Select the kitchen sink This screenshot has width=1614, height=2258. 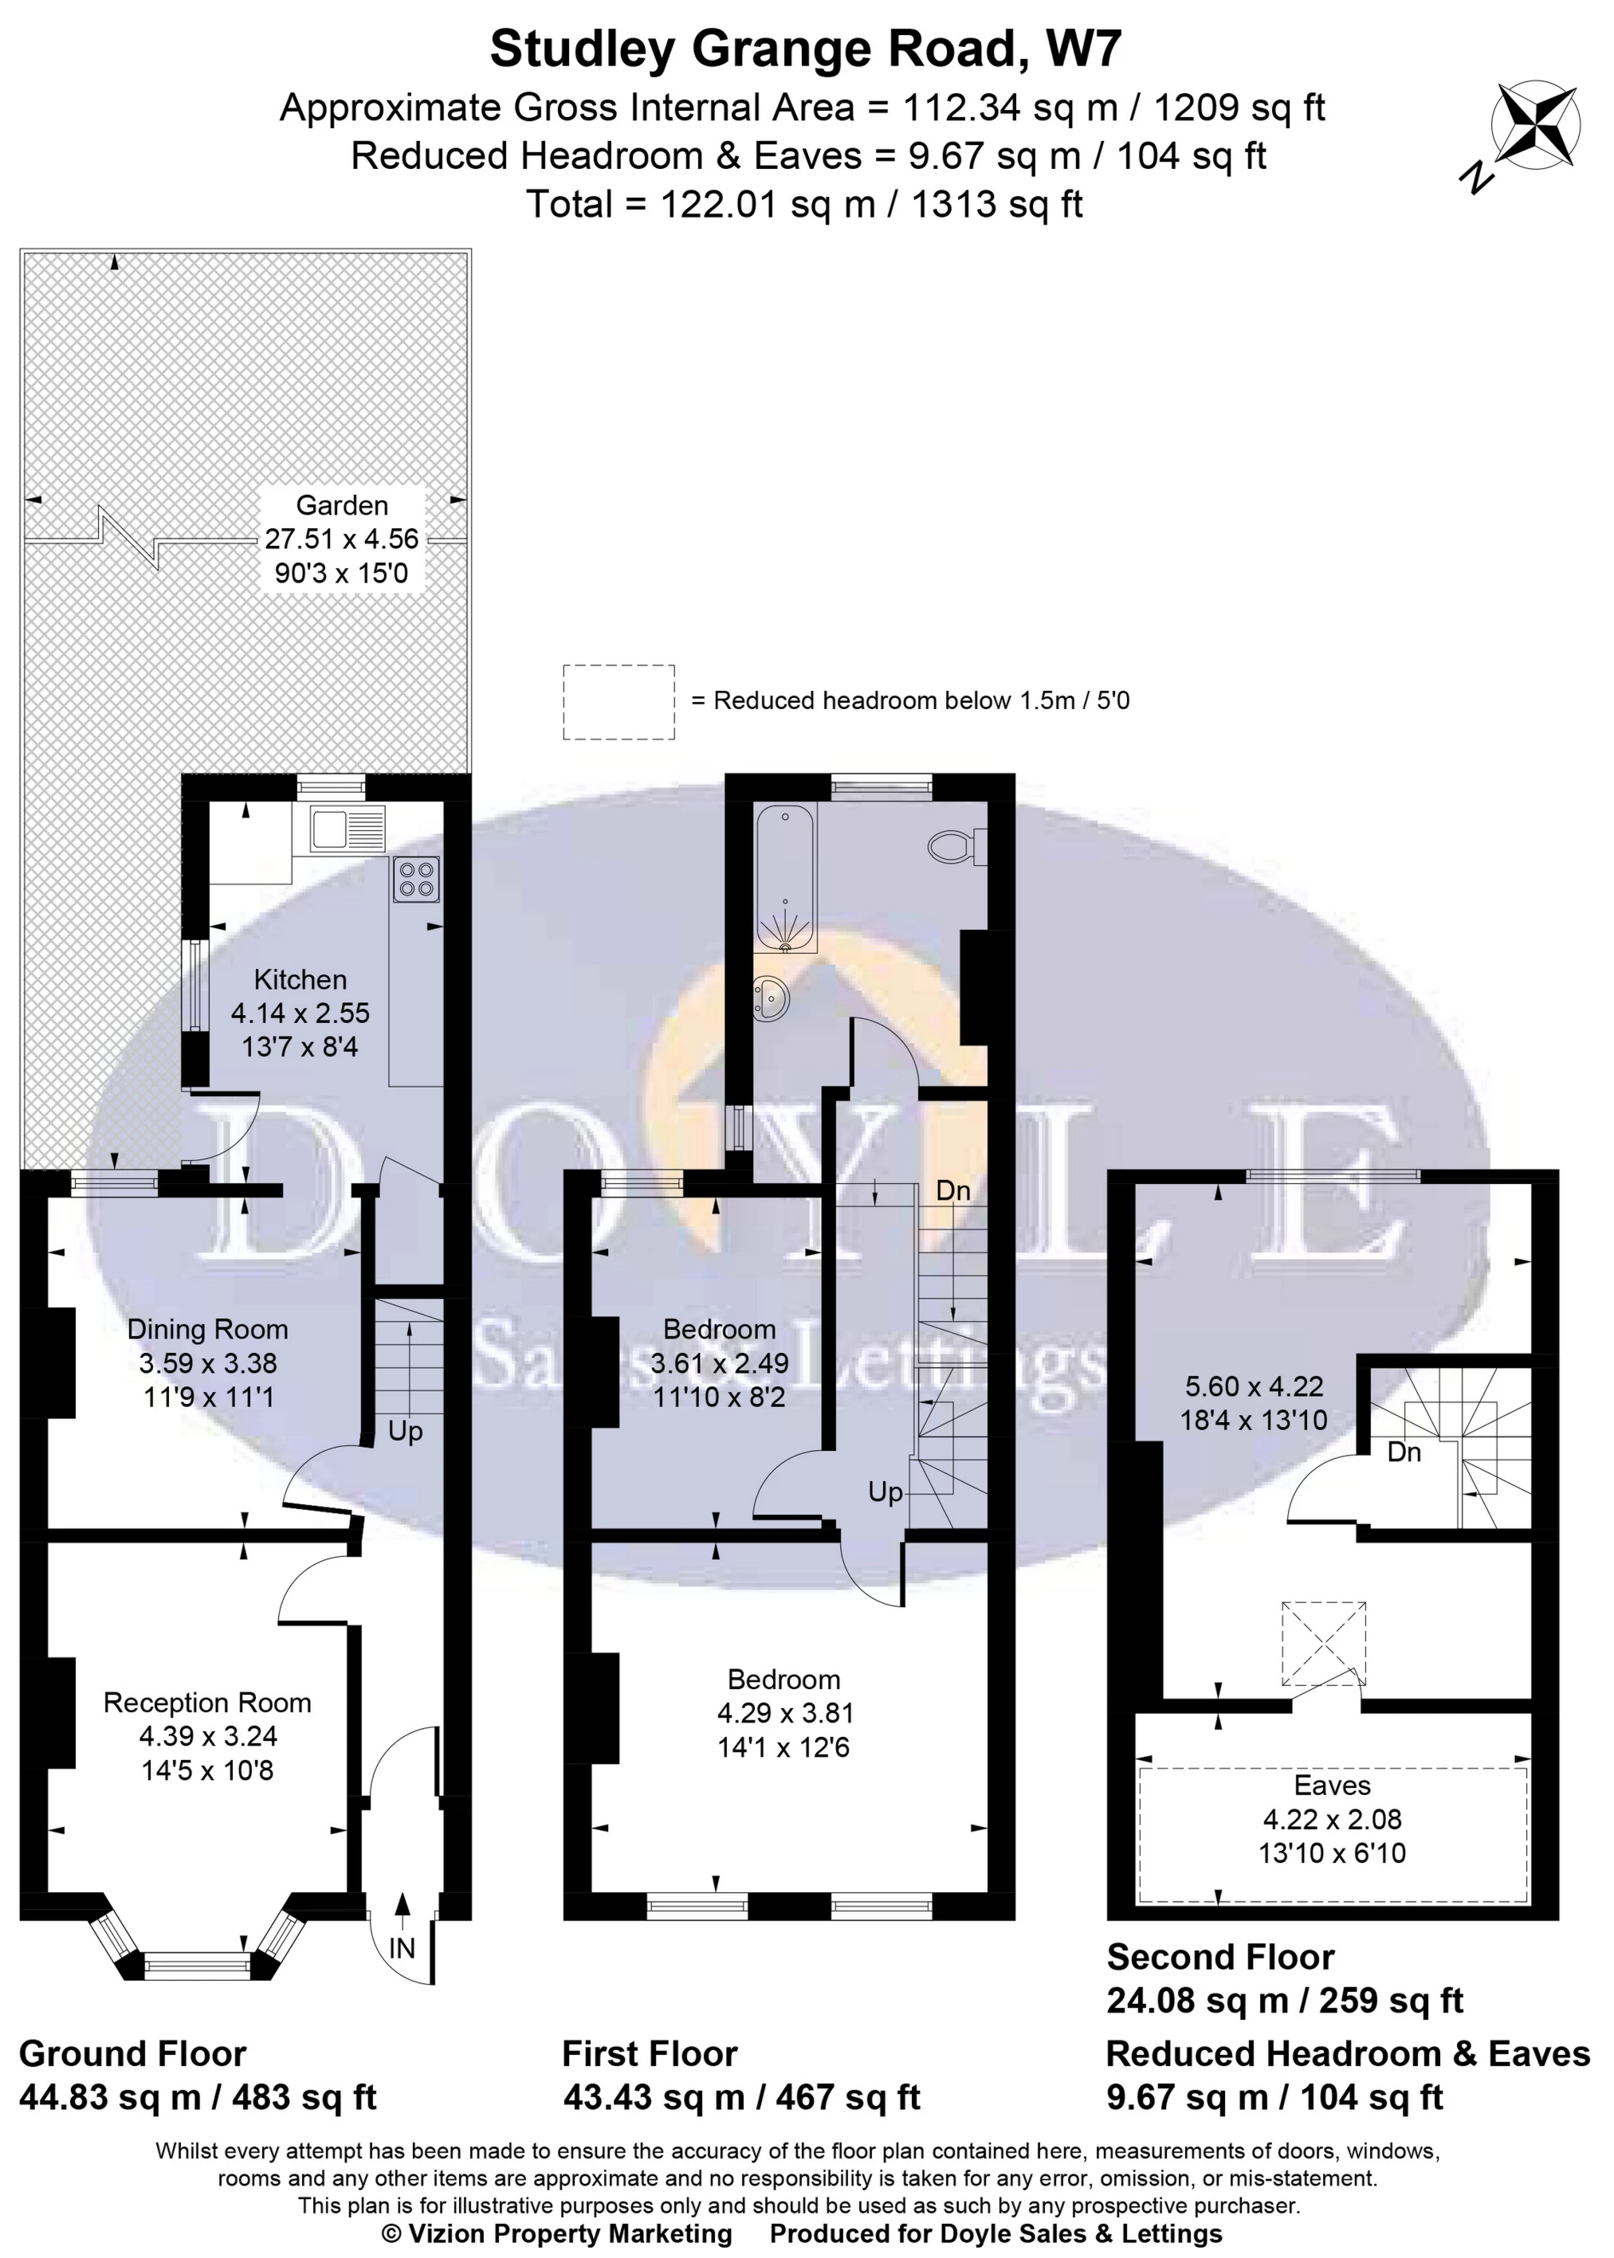[347, 828]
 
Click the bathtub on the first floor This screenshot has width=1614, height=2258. [785, 880]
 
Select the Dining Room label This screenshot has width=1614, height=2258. [208, 1329]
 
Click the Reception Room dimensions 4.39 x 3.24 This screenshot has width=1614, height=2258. [208, 1736]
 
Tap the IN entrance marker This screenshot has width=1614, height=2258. [402, 1948]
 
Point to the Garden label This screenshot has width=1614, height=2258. [342, 506]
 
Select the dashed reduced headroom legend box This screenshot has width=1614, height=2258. [619, 701]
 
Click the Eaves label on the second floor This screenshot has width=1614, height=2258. [1332, 1786]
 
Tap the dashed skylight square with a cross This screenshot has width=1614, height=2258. [1323, 1643]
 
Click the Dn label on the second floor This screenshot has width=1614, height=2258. [1404, 1452]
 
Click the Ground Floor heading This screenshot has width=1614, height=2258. [132, 2053]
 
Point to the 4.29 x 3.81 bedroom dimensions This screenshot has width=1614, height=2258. [784, 1713]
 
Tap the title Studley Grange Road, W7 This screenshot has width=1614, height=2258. [805, 49]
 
